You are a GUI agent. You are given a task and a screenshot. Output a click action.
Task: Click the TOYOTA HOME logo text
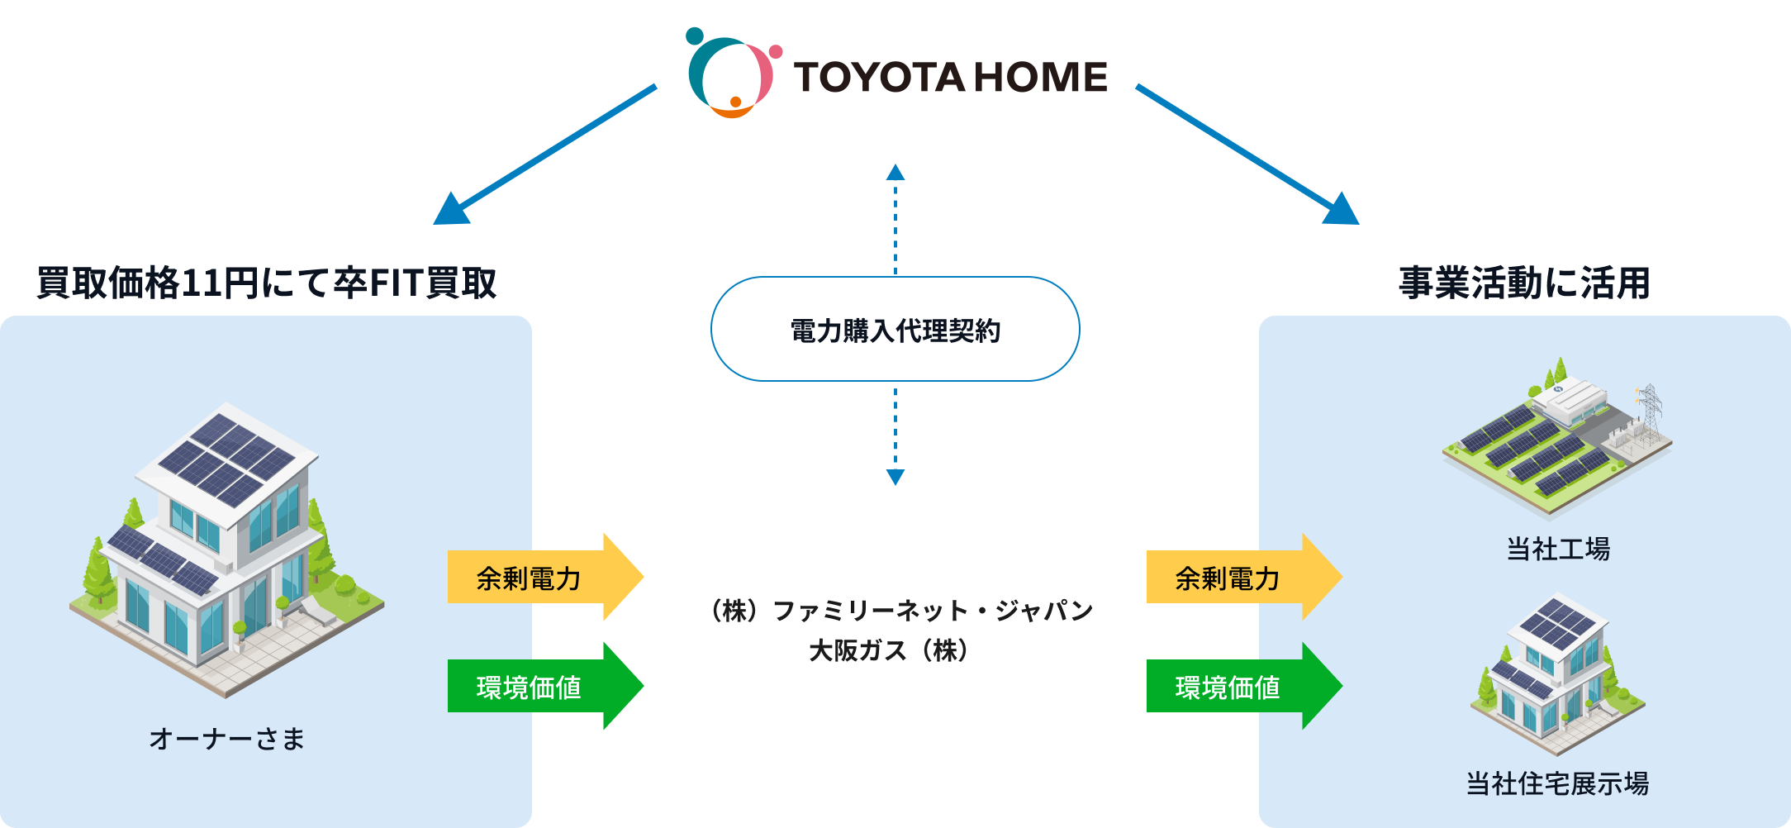[x=950, y=77]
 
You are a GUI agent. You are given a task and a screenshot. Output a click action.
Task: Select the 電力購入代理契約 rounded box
[x=895, y=330]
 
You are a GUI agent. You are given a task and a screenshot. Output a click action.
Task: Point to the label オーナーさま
[x=227, y=739]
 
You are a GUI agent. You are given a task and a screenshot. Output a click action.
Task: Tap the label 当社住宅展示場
[x=1558, y=783]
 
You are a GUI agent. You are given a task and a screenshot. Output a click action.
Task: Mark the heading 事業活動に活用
[x=1524, y=283]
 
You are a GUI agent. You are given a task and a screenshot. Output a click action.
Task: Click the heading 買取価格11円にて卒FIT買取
[x=267, y=283]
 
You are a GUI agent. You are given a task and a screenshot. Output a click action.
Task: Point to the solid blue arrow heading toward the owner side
[x=545, y=153]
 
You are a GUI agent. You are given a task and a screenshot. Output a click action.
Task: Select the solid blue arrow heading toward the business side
[x=1247, y=153]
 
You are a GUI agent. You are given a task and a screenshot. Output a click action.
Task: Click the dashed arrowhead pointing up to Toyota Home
[x=895, y=172]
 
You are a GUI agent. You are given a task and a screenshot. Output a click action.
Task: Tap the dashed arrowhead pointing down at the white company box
[x=895, y=477]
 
